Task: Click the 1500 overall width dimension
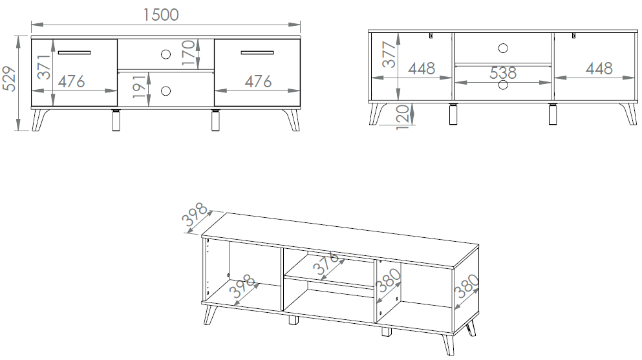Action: (161, 15)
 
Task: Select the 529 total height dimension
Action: (9, 79)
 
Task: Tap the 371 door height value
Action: (43, 67)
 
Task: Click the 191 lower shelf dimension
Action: (139, 87)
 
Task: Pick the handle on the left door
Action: (74, 52)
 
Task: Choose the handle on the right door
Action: (257, 52)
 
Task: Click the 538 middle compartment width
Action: (503, 73)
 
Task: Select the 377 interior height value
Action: (389, 54)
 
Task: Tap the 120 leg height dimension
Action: (403, 117)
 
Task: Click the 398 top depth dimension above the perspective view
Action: (195, 215)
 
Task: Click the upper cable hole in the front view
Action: (166, 54)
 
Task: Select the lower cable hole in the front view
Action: (166, 91)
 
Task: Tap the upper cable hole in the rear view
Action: (503, 48)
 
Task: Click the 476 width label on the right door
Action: (258, 81)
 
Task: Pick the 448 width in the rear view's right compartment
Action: (599, 69)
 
